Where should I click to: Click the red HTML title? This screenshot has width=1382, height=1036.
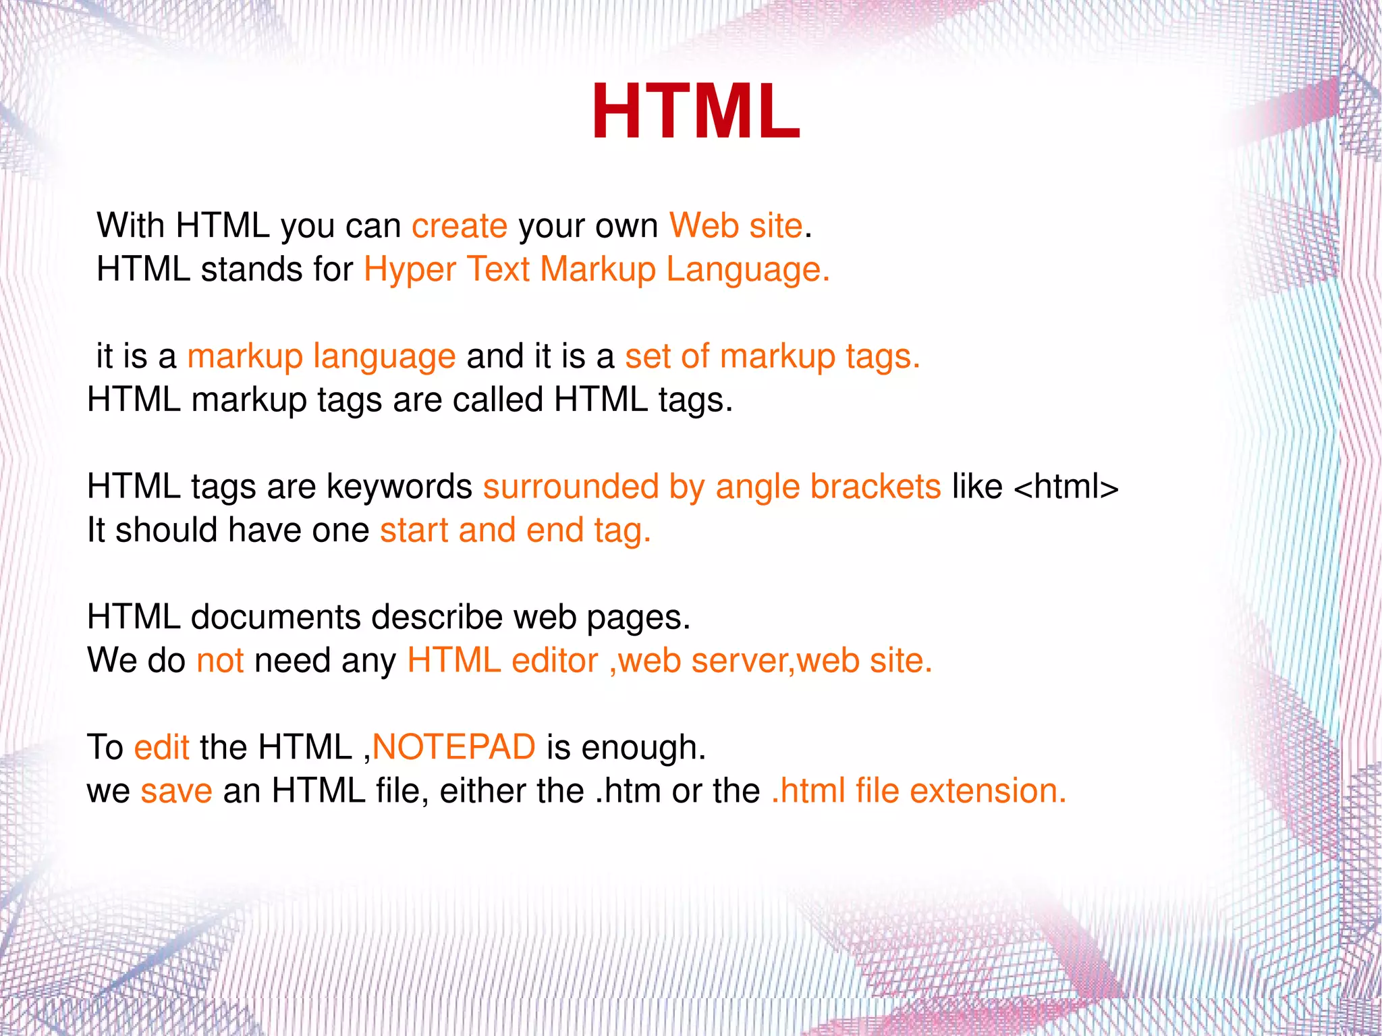(x=696, y=112)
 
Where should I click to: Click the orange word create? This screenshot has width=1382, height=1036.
(x=460, y=225)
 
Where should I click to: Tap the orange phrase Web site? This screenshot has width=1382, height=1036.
(x=736, y=225)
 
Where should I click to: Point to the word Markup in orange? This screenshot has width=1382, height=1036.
(x=598, y=270)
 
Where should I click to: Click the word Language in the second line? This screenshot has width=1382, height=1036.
(x=747, y=270)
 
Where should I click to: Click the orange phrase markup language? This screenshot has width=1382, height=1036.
(x=321, y=357)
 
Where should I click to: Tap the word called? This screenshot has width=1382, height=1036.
(x=497, y=400)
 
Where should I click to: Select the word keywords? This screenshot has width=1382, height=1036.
(x=399, y=487)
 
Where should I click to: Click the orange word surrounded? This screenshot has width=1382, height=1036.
(x=571, y=487)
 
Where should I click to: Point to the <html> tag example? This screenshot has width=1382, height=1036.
(x=1066, y=487)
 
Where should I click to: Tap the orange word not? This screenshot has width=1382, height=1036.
(x=220, y=661)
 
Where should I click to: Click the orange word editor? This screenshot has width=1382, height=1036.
(x=555, y=661)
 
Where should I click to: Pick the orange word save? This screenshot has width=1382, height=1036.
(x=176, y=791)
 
